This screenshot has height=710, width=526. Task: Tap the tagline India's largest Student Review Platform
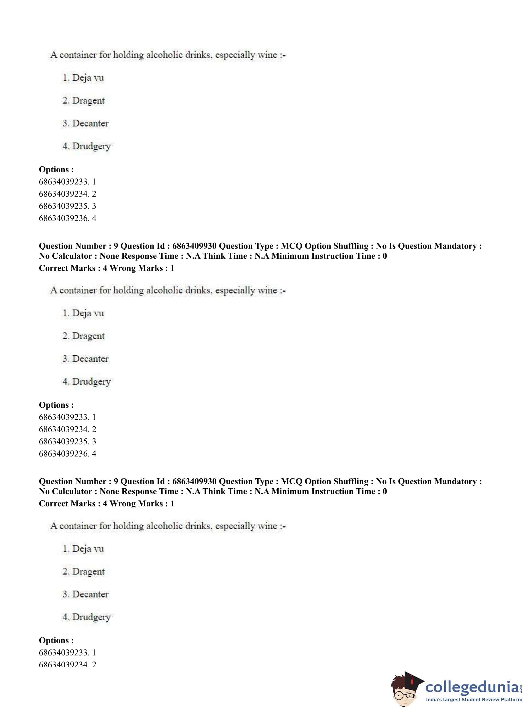click(474, 699)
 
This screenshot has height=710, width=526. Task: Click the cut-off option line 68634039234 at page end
click(67, 664)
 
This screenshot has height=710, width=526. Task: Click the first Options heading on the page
click(56, 169)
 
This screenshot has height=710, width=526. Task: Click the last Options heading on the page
click(56, 640)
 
